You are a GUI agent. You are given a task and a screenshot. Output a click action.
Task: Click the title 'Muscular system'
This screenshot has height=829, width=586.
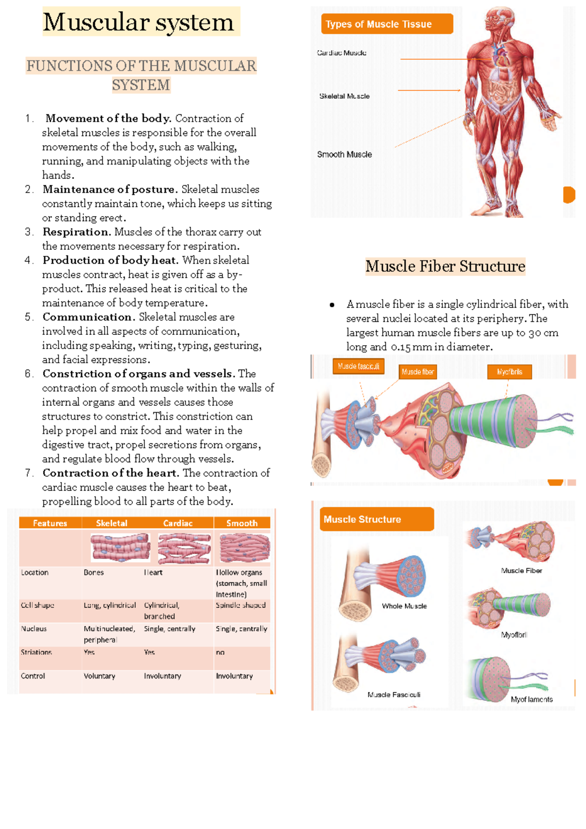pyautogui.click(x=139, y=22)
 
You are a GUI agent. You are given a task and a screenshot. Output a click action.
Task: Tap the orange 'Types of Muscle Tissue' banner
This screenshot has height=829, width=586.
pyautogui.click(x=386, y=24)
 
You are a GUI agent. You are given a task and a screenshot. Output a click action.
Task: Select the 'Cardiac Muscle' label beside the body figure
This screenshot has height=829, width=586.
pyautogui.click(x=342, y=53)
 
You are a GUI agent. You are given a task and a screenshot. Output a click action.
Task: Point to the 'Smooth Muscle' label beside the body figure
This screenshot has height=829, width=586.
pyautogui.click(x=344, y=154)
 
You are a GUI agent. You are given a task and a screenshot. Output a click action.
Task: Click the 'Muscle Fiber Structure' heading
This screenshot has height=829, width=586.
pyautogui.click(x=445, y=266)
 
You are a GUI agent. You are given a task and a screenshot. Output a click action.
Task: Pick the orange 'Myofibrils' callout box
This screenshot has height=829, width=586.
pyautogui.click(x=509, y=372)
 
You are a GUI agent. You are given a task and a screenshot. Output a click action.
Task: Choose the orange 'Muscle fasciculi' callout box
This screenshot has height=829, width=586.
pyautogui.click(x=358, y=366)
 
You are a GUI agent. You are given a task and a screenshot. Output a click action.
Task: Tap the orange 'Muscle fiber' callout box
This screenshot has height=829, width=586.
pyautogui.click(x=418, y=372)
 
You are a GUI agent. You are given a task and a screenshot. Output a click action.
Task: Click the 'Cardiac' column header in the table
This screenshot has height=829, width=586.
pyautogui.click(x=178, y=523)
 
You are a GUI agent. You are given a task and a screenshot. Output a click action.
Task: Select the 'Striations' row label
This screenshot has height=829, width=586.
pyautogui.click(x=36, y=652)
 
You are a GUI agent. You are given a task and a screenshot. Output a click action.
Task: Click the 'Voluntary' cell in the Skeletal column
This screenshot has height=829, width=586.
pyautogui.click(x=100, y=676)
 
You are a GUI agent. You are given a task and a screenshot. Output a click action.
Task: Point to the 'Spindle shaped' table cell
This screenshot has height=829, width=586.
pyautogui.click(x=241, y=605)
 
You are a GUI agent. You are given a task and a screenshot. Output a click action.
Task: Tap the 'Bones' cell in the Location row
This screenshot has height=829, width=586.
pyautogui.click(x=94, y=572)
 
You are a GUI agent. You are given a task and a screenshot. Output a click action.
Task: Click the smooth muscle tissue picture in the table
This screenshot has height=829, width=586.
pyautogui.click(x=244, y=547)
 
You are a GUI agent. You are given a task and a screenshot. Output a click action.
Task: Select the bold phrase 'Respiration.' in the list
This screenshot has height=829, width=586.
pyautogui.click(x=77, y=232)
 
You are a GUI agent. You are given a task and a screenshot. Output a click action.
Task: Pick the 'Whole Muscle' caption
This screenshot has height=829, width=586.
pyautogui.click(x=404, y=606)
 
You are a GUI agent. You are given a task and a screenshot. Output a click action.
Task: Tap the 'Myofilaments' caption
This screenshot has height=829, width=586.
pyautogui.click(x=531, y=699)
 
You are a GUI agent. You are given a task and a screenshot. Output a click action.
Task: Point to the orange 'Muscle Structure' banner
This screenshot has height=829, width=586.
pyautogui.click(x=377, y=519)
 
